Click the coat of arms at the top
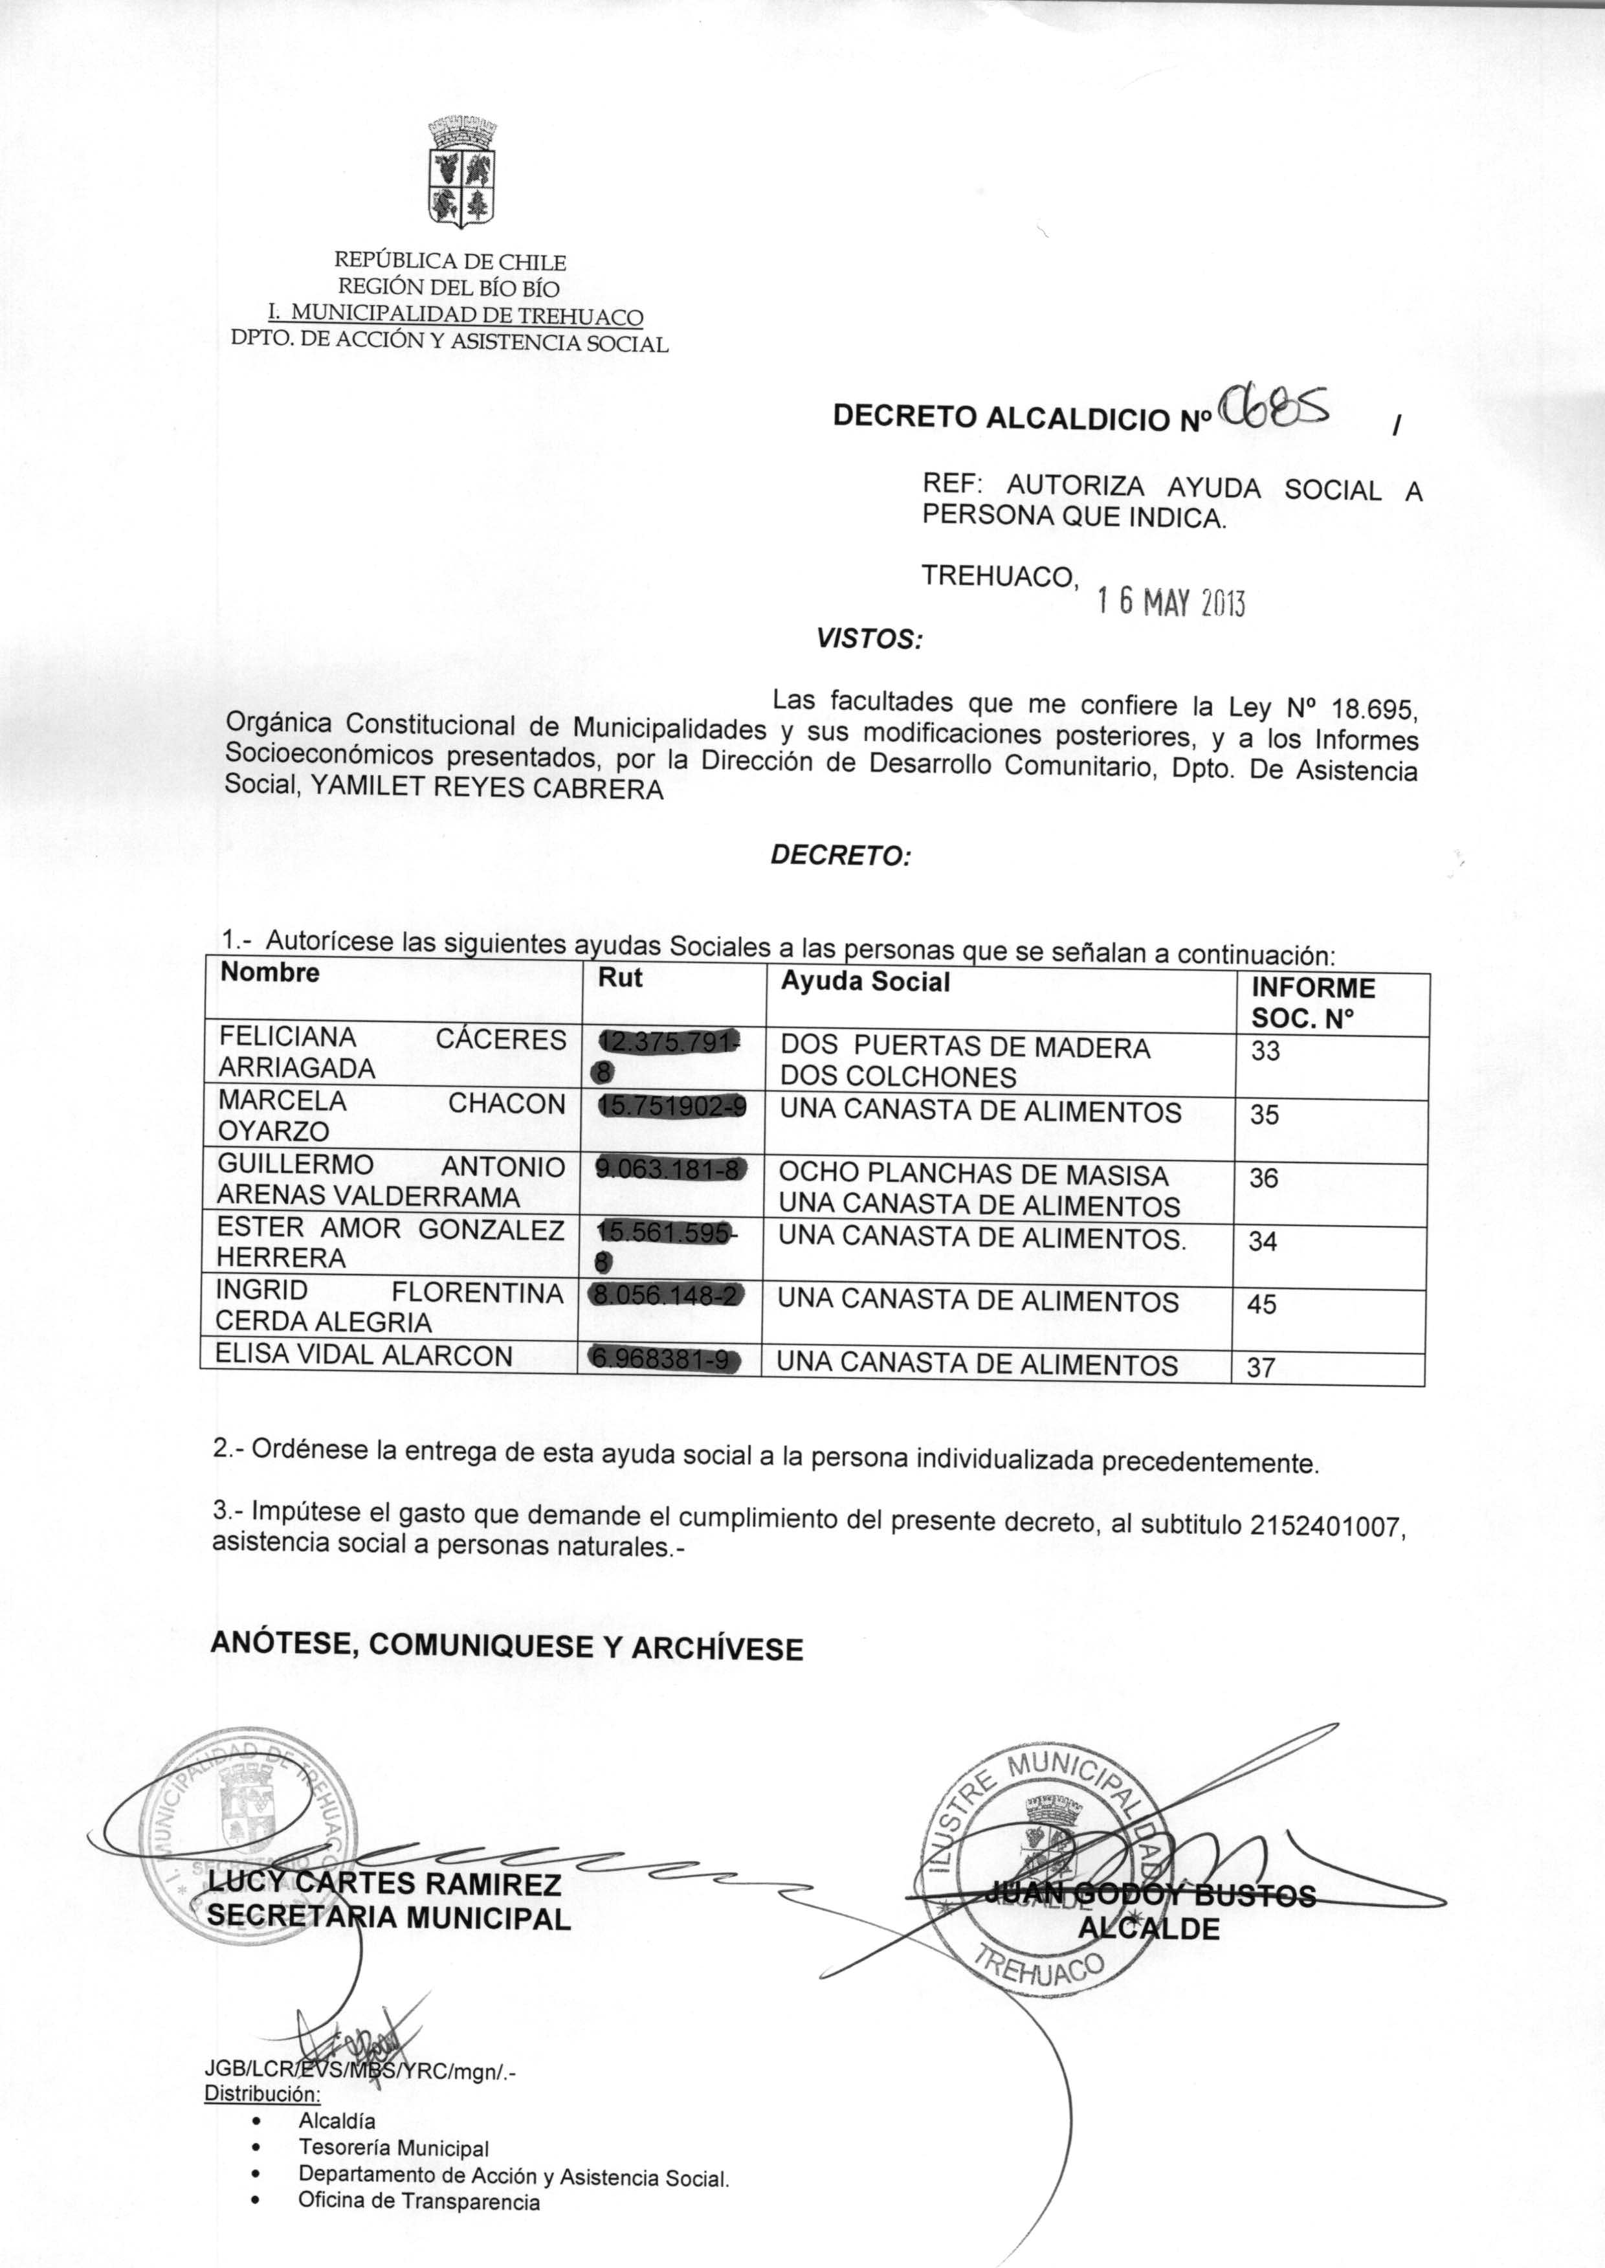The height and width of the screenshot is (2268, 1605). (x=461, y=172)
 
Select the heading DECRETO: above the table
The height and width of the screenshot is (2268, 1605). (x=840, y=856)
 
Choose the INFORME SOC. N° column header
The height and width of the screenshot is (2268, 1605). (x=1312, y=1002)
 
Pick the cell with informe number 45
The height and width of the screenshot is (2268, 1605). (x=1262, y=1304)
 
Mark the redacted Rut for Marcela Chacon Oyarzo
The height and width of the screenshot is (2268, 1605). (x=672, y=1108)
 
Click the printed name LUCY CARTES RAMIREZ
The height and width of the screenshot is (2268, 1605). (x=384, y=1884)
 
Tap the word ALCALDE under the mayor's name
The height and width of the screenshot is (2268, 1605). (x=1148, y=1928)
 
